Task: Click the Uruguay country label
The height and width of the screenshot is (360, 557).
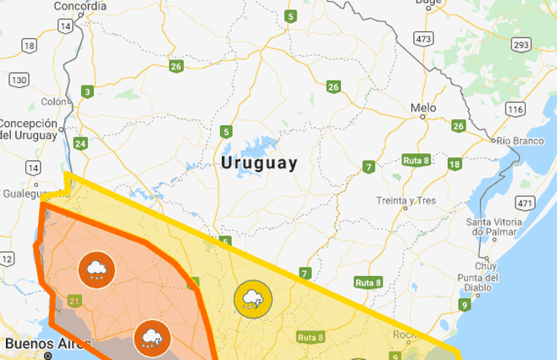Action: (258, 163)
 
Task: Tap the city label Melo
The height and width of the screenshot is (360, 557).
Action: (422, 108)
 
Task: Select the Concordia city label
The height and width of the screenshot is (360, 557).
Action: (80, 7)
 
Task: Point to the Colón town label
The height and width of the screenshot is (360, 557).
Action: (52, 102)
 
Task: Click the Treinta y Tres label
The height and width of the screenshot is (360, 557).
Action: (406, 201)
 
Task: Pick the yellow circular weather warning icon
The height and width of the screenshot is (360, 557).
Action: (252, 297)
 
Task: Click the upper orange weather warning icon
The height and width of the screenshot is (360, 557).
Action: (96, 270)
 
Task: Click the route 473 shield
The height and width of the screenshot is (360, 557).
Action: (424, 39)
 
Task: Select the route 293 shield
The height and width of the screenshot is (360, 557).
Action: (521, 44)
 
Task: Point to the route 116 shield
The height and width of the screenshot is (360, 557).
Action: (514, 109)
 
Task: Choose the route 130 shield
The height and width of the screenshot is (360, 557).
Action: (19, 80)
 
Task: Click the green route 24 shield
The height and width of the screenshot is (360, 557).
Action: (80, 143)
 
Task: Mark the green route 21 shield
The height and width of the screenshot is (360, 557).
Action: (74, 301)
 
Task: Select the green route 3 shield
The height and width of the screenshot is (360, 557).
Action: (87, 91)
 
